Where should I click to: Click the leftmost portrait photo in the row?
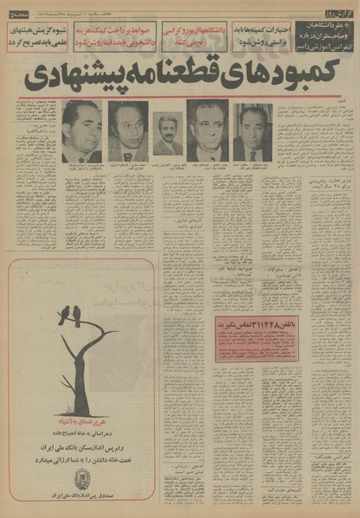(x=81, y=131)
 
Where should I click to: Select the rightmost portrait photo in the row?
(x=253, y=131)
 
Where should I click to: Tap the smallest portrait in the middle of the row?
(x=168, y=135)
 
